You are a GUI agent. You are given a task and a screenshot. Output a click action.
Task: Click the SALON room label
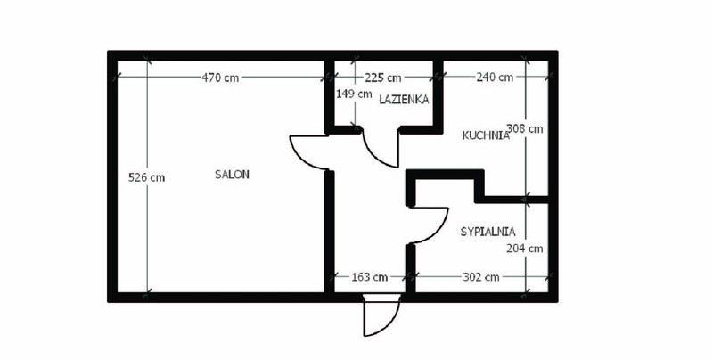(232, 175)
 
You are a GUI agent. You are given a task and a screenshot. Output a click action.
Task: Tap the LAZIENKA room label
(404, 99)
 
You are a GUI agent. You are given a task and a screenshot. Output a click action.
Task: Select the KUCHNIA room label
(486, 135)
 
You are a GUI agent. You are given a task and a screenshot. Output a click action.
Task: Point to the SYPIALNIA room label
(488, 232)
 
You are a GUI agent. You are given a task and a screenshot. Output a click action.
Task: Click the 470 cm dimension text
(220, 78)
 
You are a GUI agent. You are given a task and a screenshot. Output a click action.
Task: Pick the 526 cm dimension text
(146, 177)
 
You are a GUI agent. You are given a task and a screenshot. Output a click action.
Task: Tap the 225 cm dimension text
(383, 78)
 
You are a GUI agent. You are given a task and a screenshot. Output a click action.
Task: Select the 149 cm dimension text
(354, 94)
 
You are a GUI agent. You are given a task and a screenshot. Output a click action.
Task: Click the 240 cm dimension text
(495, 78)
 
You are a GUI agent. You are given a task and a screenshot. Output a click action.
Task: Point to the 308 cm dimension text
(525, 128)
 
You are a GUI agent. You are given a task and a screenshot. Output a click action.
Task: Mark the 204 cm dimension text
(525, 249)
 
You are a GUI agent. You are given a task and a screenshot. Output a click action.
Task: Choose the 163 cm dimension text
(370, 277)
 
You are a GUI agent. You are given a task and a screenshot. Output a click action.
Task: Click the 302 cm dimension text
(481, 277)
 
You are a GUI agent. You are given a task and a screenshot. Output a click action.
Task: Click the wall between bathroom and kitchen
(438, 96)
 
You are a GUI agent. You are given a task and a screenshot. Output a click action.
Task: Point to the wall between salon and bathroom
(330, 96)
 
